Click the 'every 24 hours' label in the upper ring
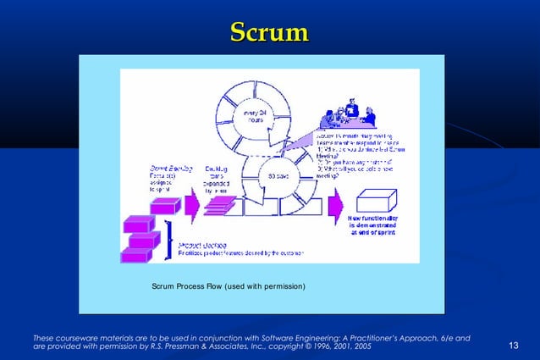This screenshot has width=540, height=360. (255, 118)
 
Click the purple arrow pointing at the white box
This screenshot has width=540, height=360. (336, 203)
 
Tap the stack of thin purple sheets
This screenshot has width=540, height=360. (219, 205)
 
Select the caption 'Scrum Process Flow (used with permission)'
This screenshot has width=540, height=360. (229, 285)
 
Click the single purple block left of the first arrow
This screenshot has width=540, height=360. (165, 205)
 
